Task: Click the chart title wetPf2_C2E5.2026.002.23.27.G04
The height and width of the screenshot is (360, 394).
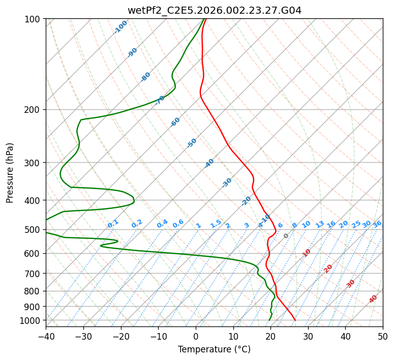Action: pyautogui.click(x=214, y=10)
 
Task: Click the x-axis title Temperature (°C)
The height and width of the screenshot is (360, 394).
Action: pyautogui.click(x=214, y=349)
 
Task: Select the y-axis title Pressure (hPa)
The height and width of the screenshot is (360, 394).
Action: pyautogui.click(x=10, y=172)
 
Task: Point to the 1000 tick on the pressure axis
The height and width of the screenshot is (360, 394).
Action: pyautogui.click(x=32, y=320)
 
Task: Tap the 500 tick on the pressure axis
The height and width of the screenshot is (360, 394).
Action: pyautogui.click(x=34, y=230)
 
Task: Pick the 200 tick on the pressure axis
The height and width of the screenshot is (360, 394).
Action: pyautogui.click(x=34, y=110)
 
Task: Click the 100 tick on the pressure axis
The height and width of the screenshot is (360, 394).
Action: pyautogui.click(x=34, y=19)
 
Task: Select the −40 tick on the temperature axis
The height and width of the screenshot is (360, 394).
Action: pyautogui.click(x=46, y=336)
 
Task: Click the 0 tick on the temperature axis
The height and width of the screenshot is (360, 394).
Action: pyautogui.click(x=196, y=336)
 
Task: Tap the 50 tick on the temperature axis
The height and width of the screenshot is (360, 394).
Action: pyautogui.click(x=383, y=336)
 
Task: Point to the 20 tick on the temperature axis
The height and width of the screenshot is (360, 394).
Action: pyautogui.click(x=270, y=336)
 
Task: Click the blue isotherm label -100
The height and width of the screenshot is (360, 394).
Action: pyautogui.click(x=121, y=26)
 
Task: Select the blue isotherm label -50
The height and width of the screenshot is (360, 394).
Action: pyautogui.click(x=192, y=143)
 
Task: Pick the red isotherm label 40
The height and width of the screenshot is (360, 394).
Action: pyautogui.click(x=373, y=299)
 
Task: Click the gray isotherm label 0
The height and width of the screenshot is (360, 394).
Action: pyautogui.click(x=286, y=236)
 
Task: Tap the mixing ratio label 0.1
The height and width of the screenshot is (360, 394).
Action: pyautogui.click(x=113, y=224)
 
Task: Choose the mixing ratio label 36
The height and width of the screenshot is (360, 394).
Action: pyautogui.click(x=377, y=224)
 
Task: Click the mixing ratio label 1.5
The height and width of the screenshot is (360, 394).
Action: pyautogui.click(x=216, y=224)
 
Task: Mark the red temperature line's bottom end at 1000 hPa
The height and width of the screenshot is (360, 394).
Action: pyautogui.click(x=295, y=320)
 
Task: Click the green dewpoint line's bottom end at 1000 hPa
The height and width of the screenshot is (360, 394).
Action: pyautogui.click(x=269, y=320)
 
